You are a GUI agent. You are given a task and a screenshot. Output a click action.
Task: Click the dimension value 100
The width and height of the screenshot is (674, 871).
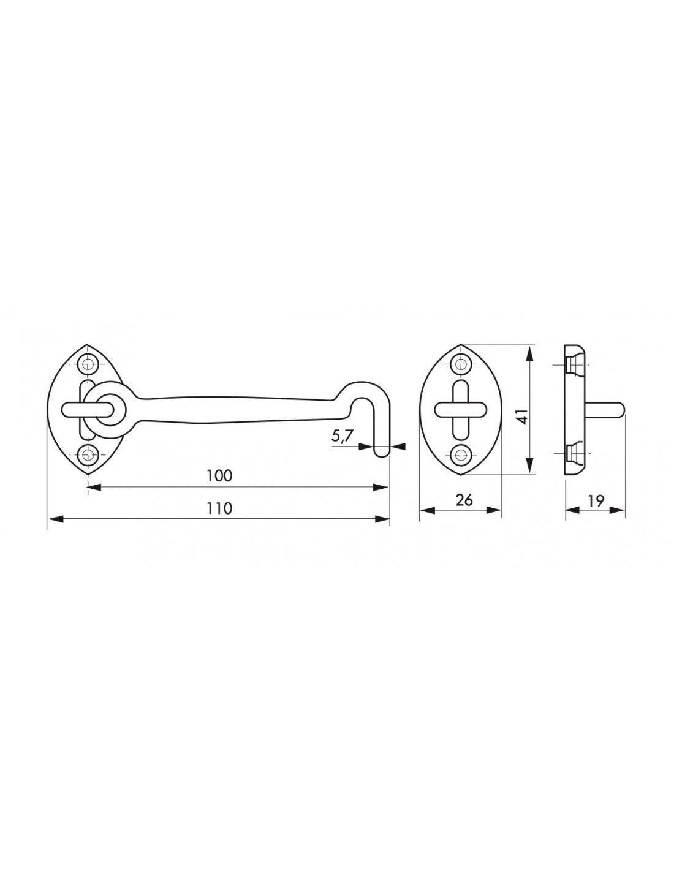(220, 476)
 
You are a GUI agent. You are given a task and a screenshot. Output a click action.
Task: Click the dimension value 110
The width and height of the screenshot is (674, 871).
(220, 508)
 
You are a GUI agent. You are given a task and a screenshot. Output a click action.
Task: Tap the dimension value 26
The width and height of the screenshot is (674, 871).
(464, 500)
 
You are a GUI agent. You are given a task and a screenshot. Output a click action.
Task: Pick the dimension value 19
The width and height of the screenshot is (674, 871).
(595, 500)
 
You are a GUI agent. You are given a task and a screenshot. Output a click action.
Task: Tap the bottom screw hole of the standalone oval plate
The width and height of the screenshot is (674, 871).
(460, 454)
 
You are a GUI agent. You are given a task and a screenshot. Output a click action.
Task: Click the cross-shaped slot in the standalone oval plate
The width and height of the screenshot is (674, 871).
(460, 409)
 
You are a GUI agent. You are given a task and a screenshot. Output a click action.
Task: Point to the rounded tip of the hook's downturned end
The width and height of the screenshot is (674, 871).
(382, 453)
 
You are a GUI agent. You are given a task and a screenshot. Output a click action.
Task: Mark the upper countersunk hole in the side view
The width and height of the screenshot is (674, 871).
(572, 365)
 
